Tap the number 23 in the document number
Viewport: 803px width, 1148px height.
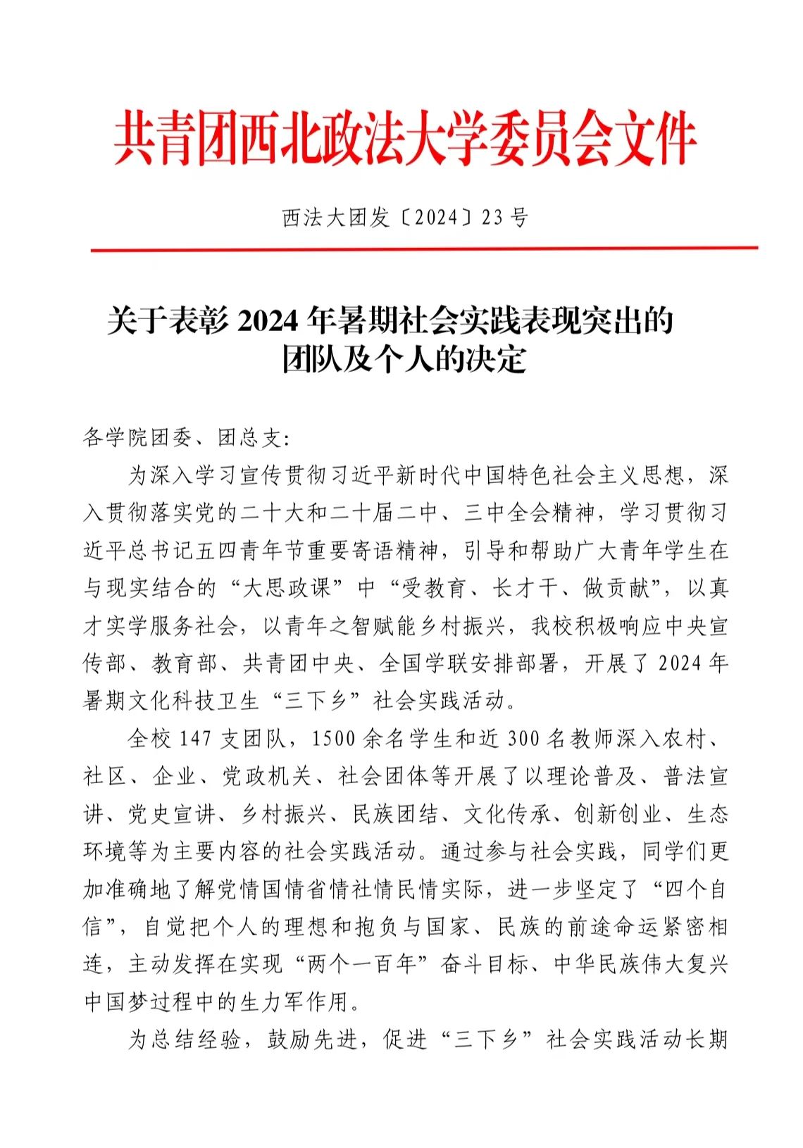pos(492,218)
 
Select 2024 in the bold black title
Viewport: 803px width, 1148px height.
pos(269,322)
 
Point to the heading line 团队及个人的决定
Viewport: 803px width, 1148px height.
pos(404,360)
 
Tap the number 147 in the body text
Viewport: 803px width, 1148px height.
pos(195,739)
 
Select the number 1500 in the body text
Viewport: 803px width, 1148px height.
pos(333,739)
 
